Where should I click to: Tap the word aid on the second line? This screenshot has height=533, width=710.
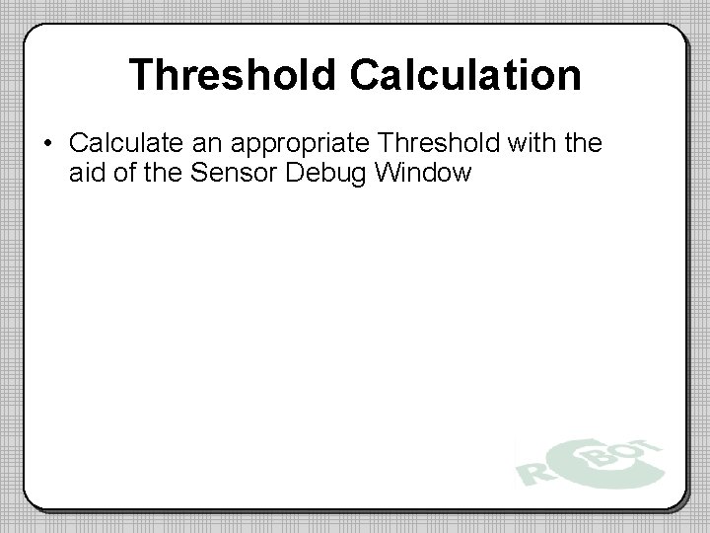point(88,174)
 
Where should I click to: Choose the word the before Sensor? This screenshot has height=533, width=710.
point(165,174)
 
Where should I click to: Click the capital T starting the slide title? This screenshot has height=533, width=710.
point(142,76)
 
